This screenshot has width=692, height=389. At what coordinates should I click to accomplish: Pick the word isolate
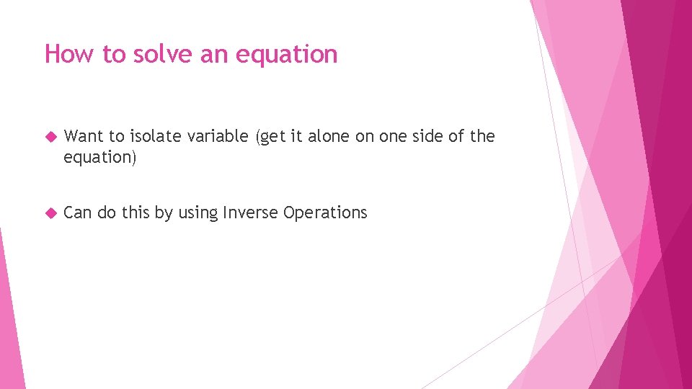point(152,136)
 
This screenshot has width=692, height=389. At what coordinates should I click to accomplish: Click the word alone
point(332,136)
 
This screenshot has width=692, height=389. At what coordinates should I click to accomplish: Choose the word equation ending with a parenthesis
point(99,157)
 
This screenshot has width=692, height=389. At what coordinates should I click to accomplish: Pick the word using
point(198,213)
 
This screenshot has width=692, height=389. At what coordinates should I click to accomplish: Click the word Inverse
point(251,213)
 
